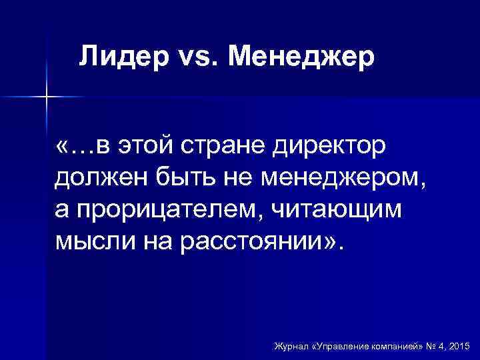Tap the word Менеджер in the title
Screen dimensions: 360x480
(301, 57)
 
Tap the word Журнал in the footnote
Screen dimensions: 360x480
(291, 347)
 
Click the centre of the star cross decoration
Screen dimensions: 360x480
(47, 97)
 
